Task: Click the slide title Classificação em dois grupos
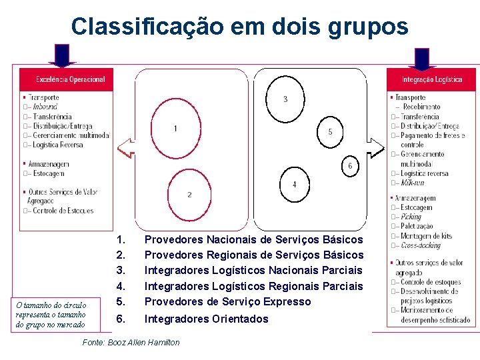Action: [x=239, y=26]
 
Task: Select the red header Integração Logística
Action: [x=431, y=79]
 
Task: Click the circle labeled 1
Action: [x=175, y=127]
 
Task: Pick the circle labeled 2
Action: [x=189, y=194]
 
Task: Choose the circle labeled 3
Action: [x=285, y=100]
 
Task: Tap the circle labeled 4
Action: [x=294, y=183]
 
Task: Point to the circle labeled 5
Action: [x=330, y=132]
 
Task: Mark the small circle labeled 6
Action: [x=350, y=165]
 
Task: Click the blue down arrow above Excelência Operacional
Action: [x=62, y=56]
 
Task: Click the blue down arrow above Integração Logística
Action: [x=421, y=58]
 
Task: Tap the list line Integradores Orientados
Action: [x=206, y=319]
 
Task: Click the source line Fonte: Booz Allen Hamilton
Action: [x=131, y=342]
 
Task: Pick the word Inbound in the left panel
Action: [x=45, y=107]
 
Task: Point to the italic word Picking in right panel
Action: [x=411, y=217]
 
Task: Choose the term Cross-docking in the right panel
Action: [x=420, y=245]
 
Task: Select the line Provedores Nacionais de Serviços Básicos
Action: [x=253, y=239]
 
